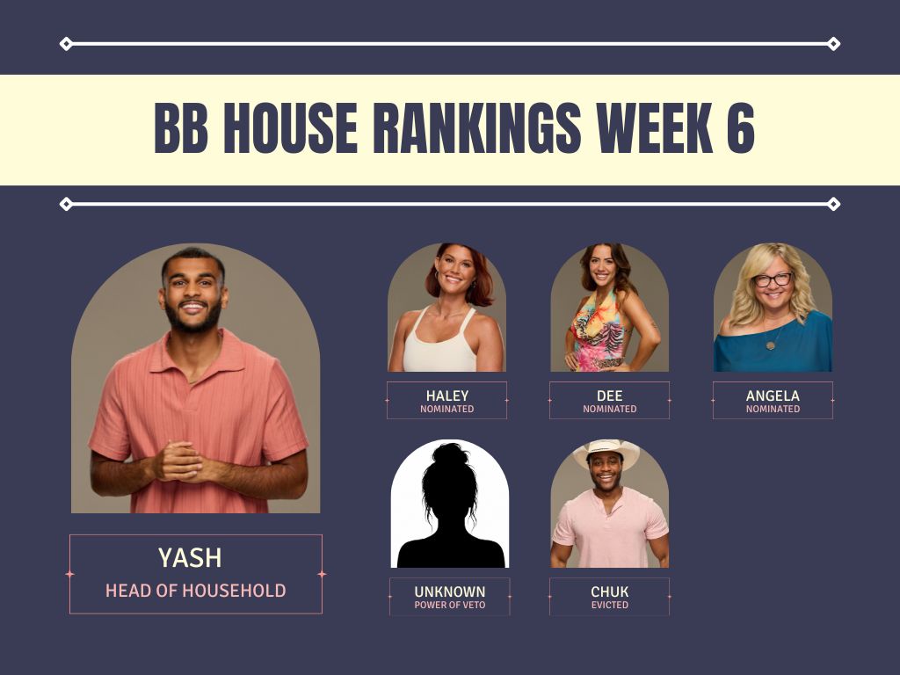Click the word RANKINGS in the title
point(477,128)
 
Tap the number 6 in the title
point(740,128)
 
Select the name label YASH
point(190,558)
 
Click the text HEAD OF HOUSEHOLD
point(196,591)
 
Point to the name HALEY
point(447,396)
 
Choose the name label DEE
point(610,396)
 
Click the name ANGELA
point(773,396)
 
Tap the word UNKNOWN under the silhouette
point(450,592)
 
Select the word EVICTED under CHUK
point(610,605)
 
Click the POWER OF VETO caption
point(450,605)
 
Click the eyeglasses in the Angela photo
point(773,279)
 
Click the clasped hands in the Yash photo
point(179,461)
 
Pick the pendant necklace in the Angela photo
point(770,345)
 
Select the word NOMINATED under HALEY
point(447,410)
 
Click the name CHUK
point(610,592)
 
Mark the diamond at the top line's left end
point(66,44)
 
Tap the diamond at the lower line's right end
point(833,204)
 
